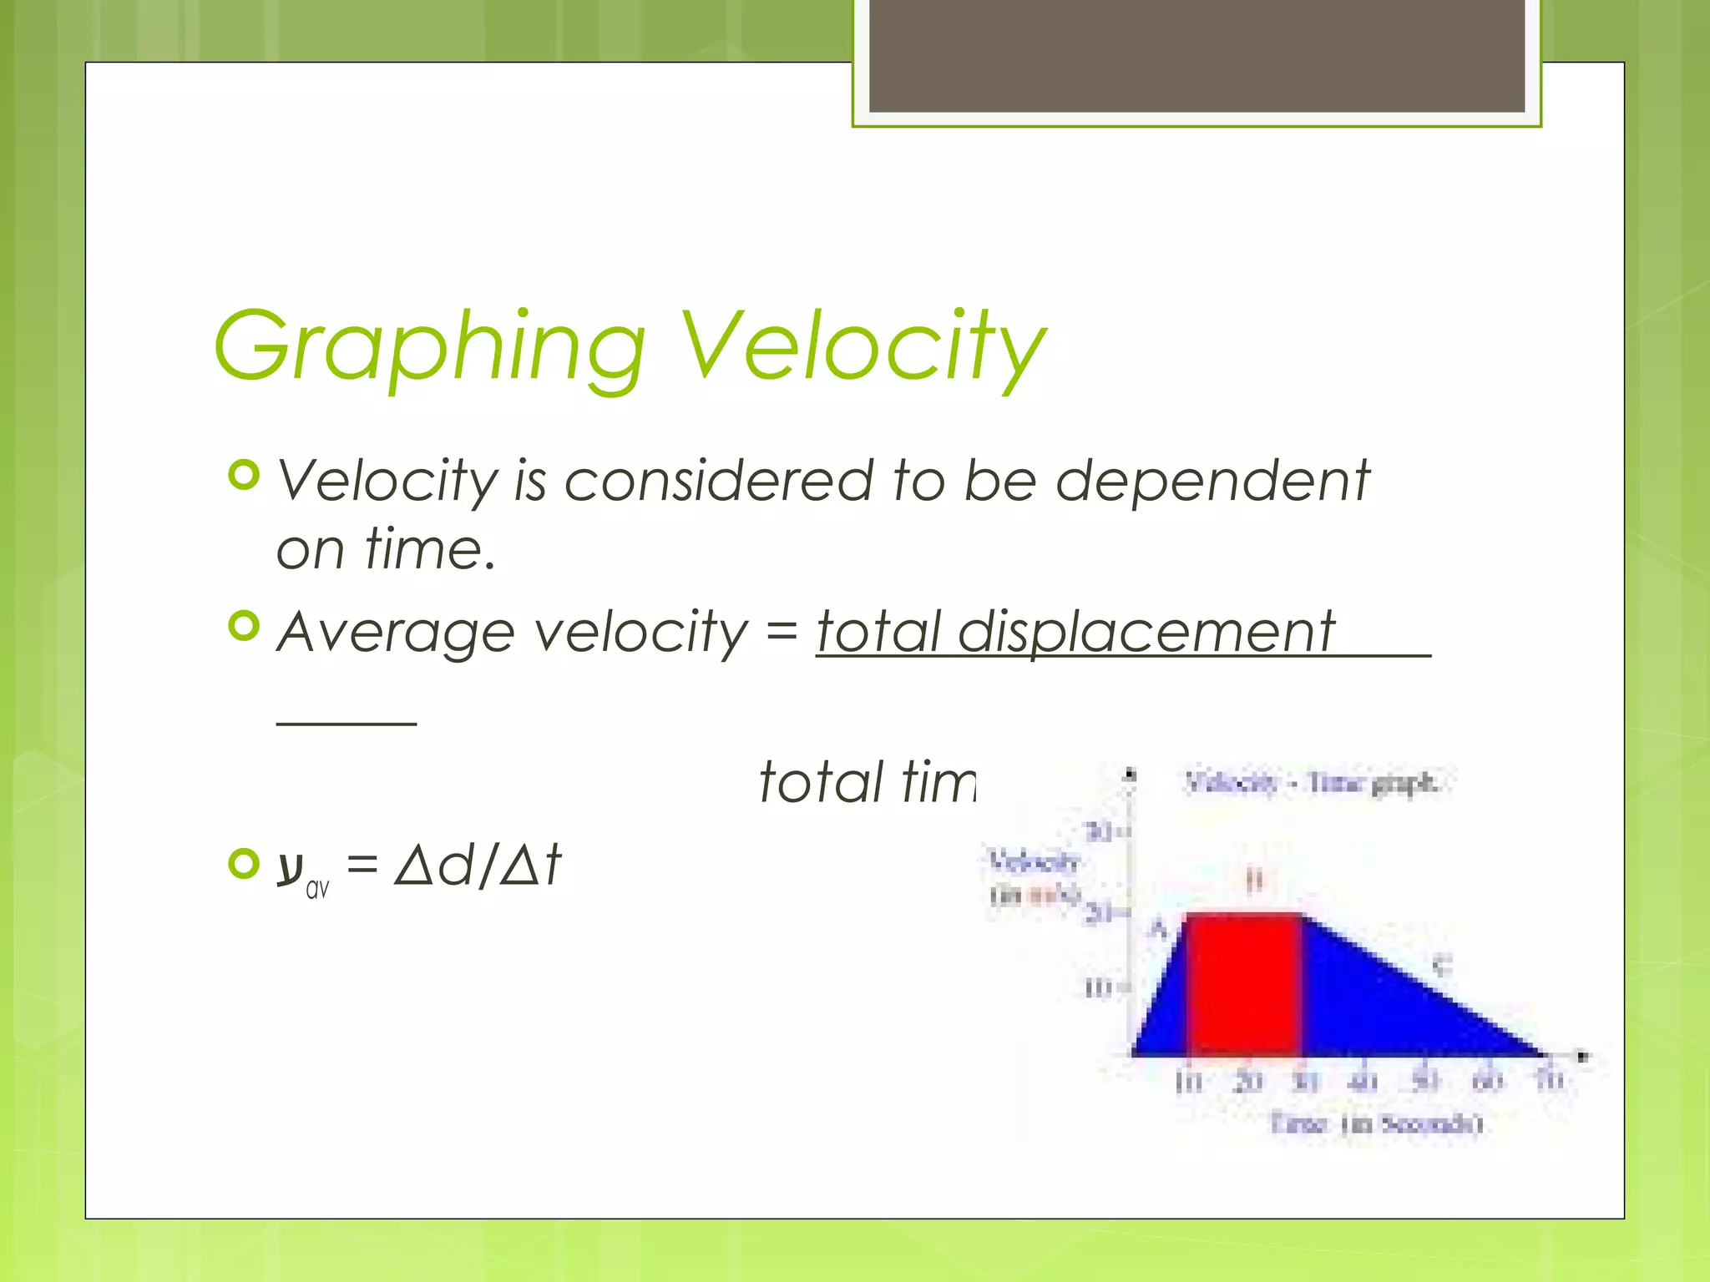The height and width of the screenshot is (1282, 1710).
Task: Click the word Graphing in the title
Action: [430, 346]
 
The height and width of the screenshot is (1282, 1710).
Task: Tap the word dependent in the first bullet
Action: [1212, 482]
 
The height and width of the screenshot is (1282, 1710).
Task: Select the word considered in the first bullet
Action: [718, 482]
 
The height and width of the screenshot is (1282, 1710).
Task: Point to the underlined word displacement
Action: [1146, 632]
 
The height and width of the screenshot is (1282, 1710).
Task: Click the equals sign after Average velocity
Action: [782, 632]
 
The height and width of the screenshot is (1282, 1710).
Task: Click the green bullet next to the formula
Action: [244, 864]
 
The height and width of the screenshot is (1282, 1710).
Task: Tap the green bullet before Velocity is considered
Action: [244, 476]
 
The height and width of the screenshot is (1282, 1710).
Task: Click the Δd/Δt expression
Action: [478, 865]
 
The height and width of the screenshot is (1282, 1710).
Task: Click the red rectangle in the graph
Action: [1243, 985]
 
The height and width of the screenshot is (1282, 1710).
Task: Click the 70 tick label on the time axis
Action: [1550, 1082]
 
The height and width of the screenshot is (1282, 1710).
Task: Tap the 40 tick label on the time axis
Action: [1363, 1082]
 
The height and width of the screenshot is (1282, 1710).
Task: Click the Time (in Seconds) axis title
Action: [1376, 1123]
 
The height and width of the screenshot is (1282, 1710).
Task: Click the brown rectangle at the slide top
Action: [1196, 55]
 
